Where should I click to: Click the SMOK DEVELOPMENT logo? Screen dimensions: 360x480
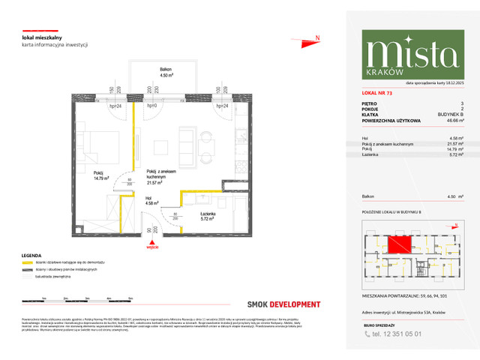tap(283, 304)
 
